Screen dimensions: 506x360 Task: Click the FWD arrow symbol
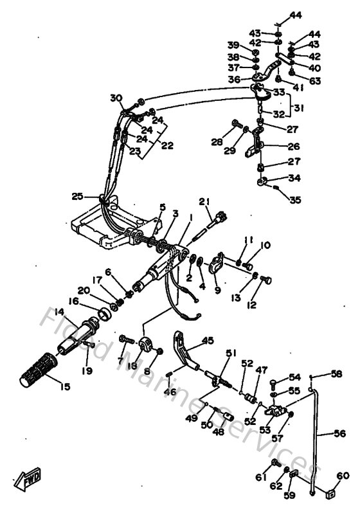(32, 479)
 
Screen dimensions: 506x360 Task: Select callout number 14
(60, 312)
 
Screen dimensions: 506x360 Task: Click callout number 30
(116, 98)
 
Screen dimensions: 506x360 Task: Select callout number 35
(295, 200)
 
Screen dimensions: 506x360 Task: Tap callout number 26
(293, 146)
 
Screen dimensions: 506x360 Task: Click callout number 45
(207, 341)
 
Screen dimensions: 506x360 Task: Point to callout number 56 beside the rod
(340, 433)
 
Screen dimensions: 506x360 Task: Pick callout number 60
(343, 476)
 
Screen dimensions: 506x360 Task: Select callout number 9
(217, 289)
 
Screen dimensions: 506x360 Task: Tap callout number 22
(167, 146)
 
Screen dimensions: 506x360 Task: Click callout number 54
(294, 377)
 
